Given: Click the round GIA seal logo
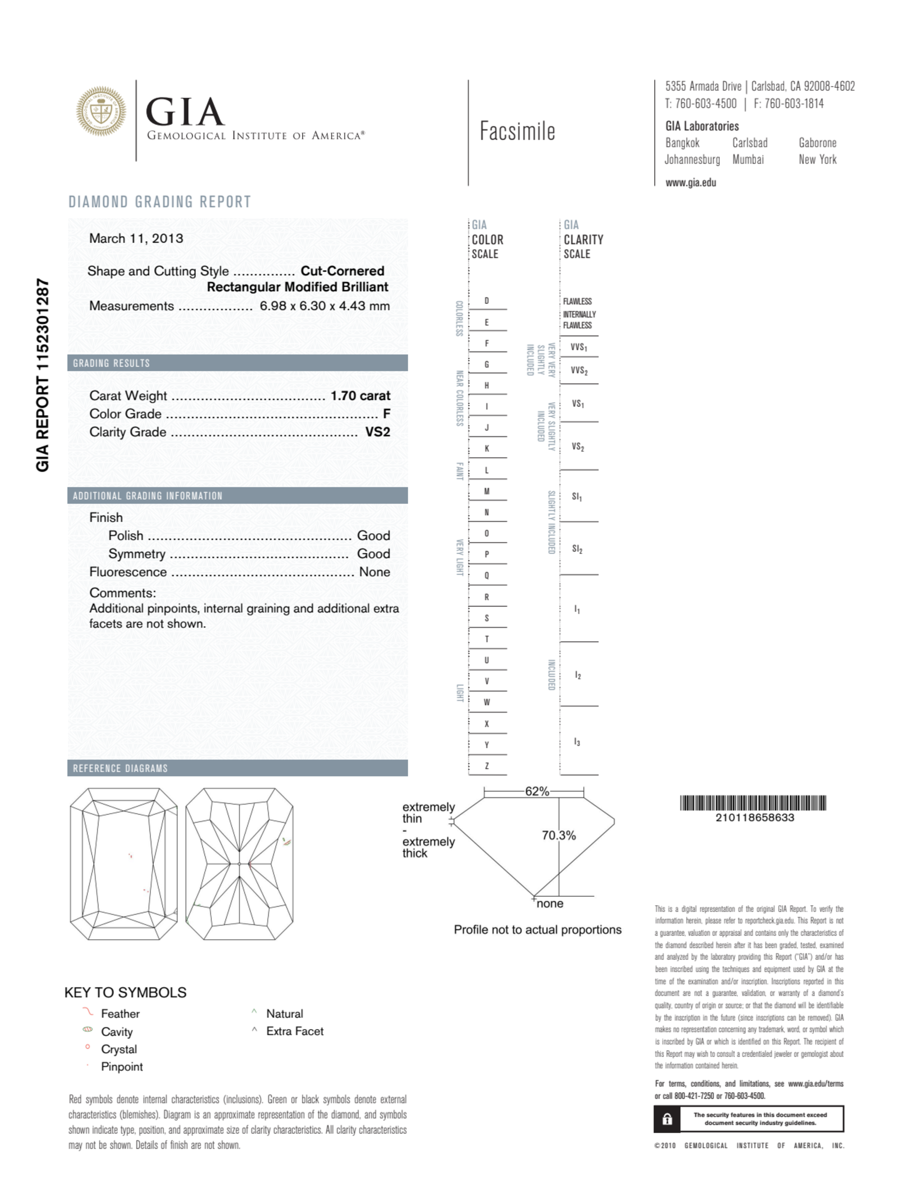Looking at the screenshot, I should (101, 111).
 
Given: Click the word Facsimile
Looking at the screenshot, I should (517, 132).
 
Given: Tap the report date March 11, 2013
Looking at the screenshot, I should (136, 238).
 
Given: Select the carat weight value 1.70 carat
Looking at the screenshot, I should (360, 395).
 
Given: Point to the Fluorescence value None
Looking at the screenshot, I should (374, 572).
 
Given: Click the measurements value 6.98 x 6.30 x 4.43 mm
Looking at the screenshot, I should (324, 306).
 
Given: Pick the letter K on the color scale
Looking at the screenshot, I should (486, 448).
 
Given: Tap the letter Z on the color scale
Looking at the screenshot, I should (486, 766).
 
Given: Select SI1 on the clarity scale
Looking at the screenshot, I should (577, 497).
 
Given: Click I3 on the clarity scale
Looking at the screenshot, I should (577, 742).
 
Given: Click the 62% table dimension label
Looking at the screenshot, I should (536, 791).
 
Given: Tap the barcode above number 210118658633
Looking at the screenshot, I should (753, 803).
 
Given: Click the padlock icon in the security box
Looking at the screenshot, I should (667, 1119).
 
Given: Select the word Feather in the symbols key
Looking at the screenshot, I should (120, 1014).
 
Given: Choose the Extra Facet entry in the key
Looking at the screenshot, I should (295, 1031).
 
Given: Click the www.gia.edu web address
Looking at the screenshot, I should (690, 183).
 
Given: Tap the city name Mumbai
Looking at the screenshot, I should (748, 159).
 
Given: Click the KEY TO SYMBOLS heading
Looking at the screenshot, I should (126, 992).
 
